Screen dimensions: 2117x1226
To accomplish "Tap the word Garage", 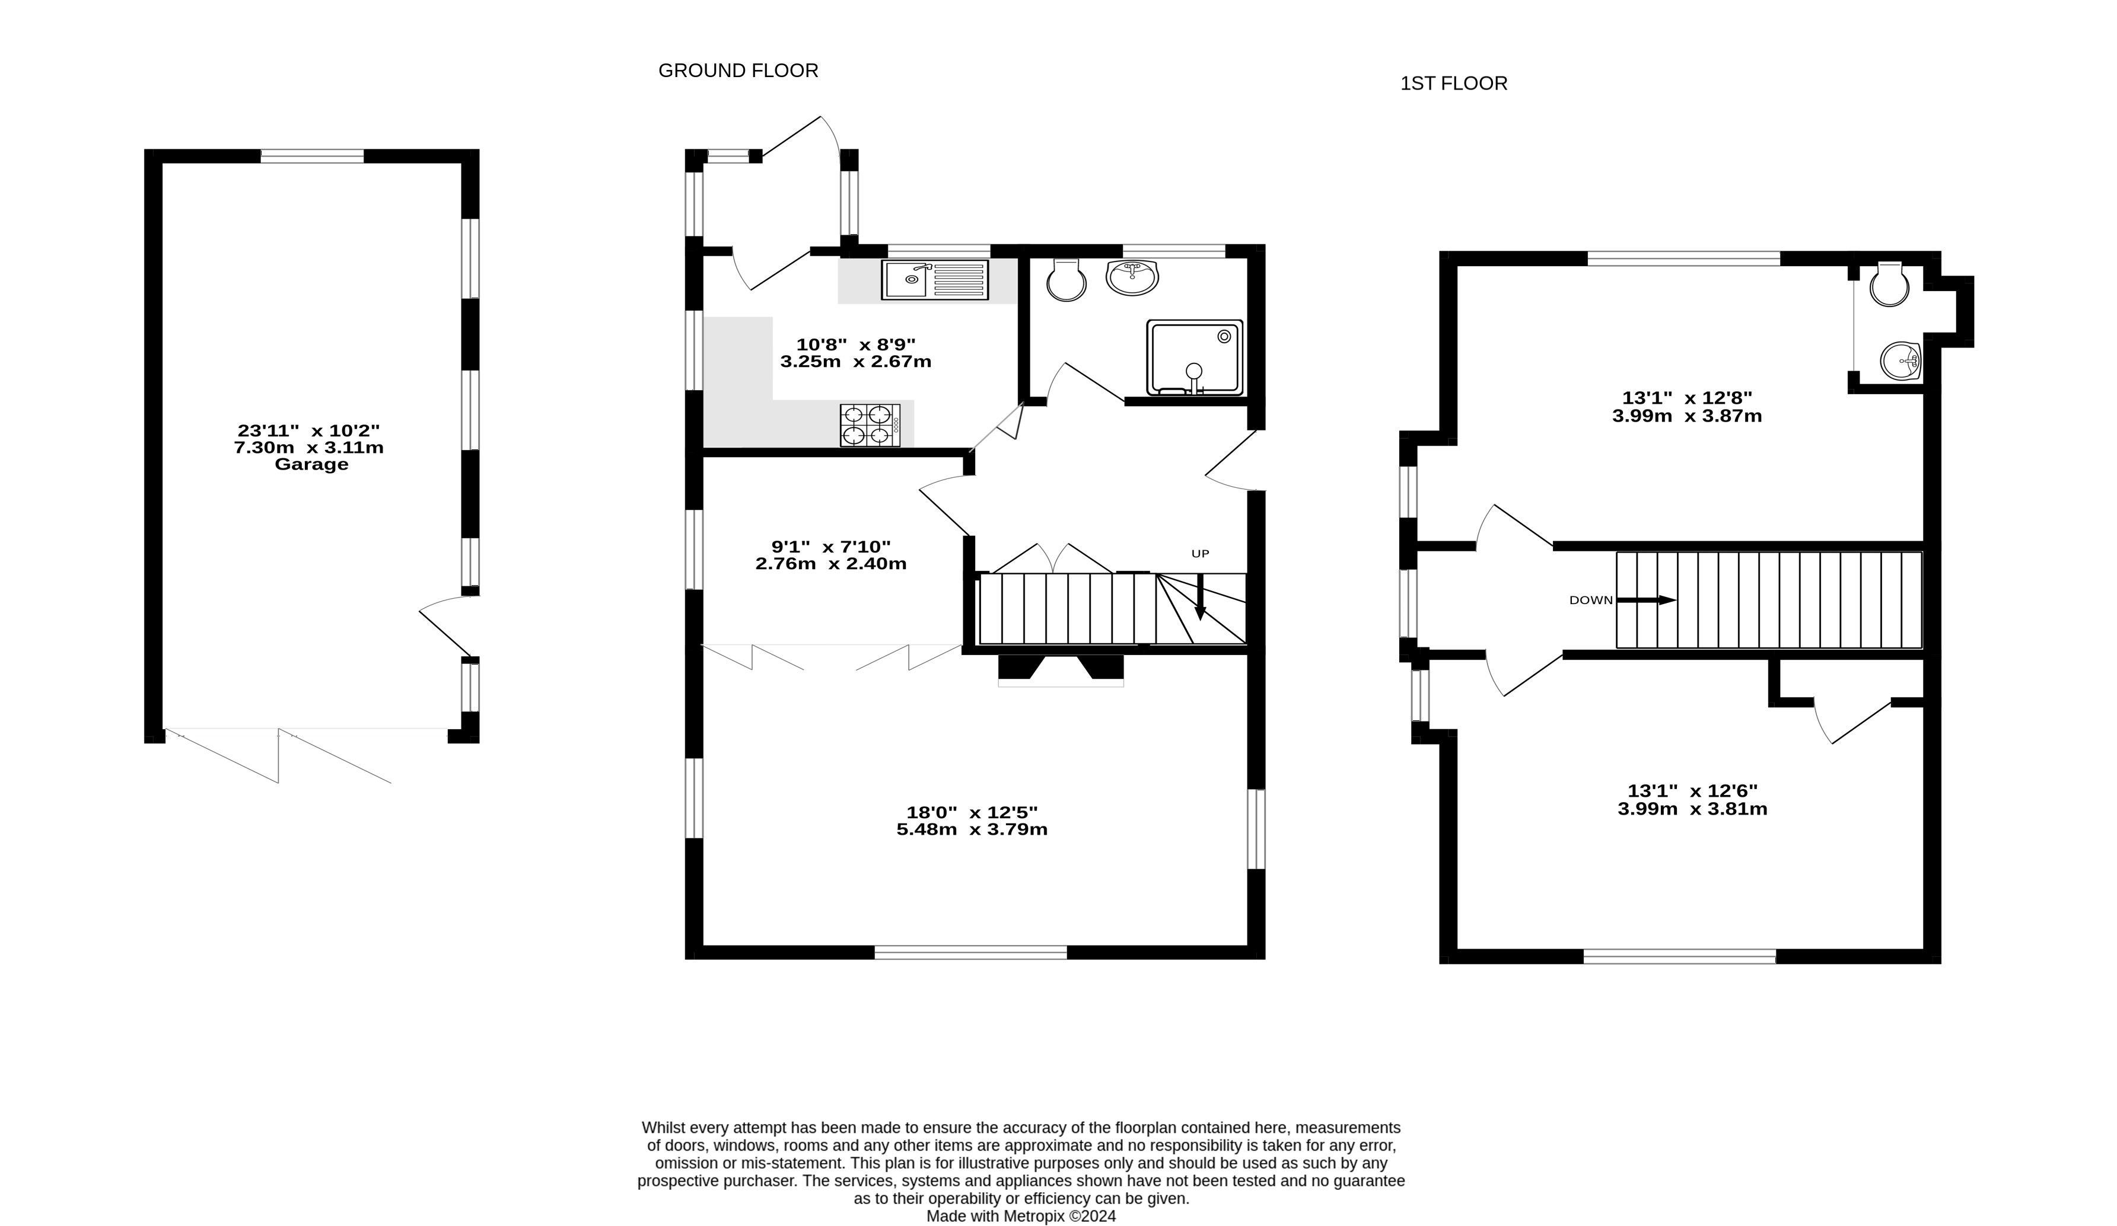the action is click(311, 464).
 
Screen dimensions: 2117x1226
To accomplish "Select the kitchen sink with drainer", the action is click(935, 280).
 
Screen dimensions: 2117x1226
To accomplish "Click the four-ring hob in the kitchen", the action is click(870, 425).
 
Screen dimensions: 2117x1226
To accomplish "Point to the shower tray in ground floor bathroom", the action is click(1195, 357).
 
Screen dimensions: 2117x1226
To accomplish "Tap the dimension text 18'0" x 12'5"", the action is click(972, 813).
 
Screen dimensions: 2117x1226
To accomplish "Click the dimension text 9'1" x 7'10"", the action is click(831, 547).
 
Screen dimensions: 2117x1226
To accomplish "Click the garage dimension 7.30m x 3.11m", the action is click(308, 448).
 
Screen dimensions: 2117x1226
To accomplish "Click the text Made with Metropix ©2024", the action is click(1021, 1216).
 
